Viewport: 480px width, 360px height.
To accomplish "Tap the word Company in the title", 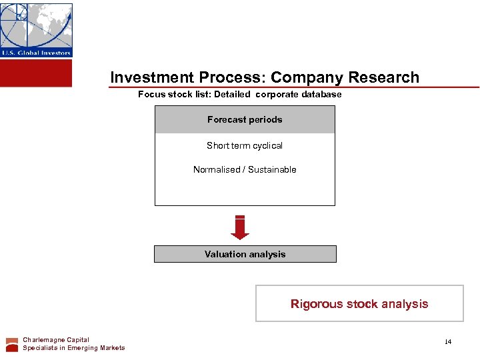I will [x=301, y=77].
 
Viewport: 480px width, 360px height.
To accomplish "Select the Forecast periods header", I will [x=245, y=120].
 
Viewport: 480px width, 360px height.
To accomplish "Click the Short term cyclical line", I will [x=245, y=145].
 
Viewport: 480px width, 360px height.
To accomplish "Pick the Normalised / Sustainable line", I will [x=245, y=169].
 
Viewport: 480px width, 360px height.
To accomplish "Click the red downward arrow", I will [x=240, y=227].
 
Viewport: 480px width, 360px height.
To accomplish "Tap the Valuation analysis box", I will [x=245, y=254].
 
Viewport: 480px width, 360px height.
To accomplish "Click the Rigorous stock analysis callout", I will [x=359, y=304].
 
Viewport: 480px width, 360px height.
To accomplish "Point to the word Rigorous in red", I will [x=315, y=304].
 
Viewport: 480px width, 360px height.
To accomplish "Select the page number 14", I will [x=448, y=342].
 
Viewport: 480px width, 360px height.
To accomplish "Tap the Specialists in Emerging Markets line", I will [x=73, y=348].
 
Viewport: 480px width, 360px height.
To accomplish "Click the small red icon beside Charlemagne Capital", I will [x=12, y=344].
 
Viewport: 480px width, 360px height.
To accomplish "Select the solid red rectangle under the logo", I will [x=36, y=73].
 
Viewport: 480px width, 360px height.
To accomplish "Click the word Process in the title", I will [x=235, y=77].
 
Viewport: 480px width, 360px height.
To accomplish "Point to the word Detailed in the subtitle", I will [x=232, y=94].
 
